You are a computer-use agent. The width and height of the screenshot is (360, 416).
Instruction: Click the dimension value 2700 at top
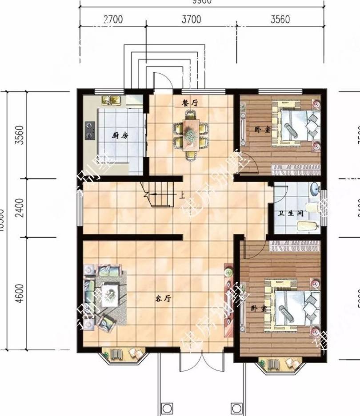[113, 20]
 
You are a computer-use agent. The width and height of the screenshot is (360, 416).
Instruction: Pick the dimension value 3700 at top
[191, 20]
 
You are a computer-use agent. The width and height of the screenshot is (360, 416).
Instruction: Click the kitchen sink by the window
[112, 100]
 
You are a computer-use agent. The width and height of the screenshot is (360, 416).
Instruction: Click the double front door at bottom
[202, 362]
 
